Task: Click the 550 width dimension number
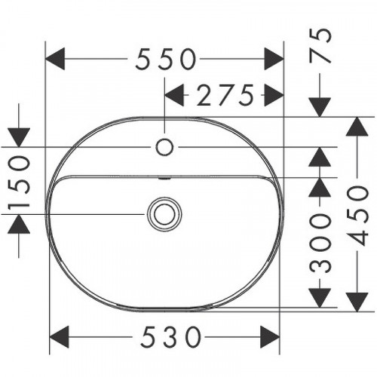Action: pyautogui.click(x=166, y=58)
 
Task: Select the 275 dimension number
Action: pyautogui.click(x=223, y=95)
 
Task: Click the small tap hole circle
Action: pyautogui.click(x=165, y=146)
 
